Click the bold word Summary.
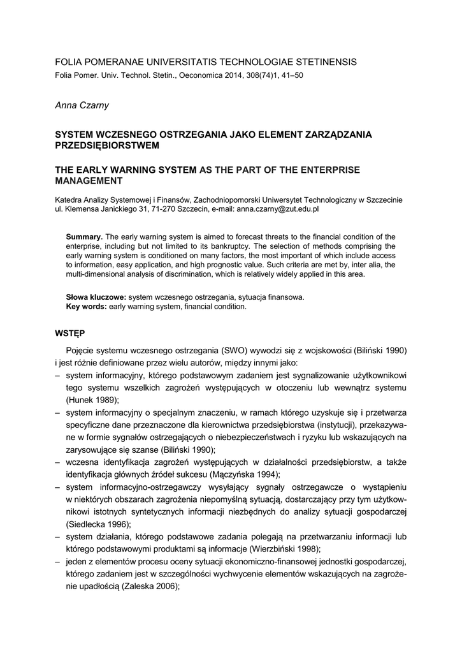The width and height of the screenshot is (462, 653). coord(85,236)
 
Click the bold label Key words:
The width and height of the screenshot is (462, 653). coord(87,306)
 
